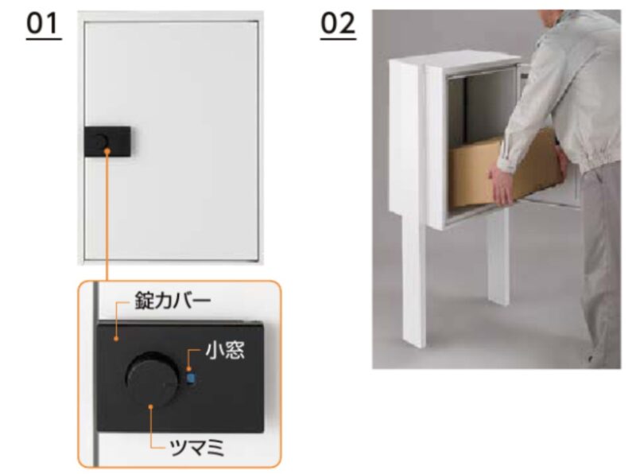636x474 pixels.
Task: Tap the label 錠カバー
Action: pyautogui.click(x=173, y=301)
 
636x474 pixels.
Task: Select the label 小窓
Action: pyautogui.click(x=225, y=350)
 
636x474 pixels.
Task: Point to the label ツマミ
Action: pyautogui.click(x=196, y=448)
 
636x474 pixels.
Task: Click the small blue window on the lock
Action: pyautogui.click(x=191, y=379)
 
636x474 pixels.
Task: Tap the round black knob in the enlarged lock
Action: pyautogui.click(x=152, y=380)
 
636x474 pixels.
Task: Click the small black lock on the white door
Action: pyautogui.click(x=107, y=142)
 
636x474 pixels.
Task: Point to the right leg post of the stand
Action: pyautogui.click(x=498, y=255)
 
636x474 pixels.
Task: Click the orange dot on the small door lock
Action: pyautogui.click(x=107, y=151)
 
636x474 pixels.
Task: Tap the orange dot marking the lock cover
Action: pyautogui.click(x=116, y=338)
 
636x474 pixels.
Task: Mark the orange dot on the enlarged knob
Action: pyautogui.click(x=150, y=406)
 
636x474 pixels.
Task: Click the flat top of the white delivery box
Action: pyautogui.click(x=454, y=58)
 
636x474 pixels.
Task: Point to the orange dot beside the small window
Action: pyautogui.click(x=188, y=369)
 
